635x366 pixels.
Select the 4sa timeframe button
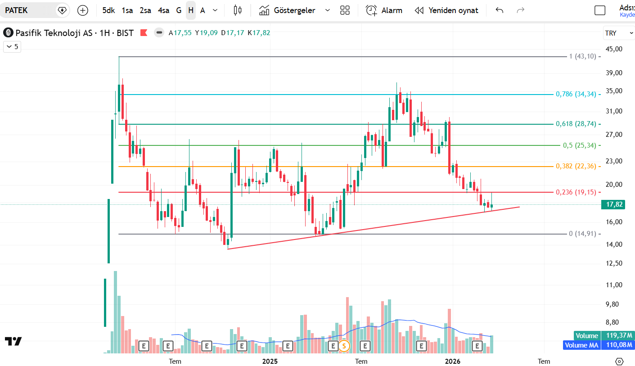tap(163, 10)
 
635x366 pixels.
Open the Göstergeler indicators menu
tap(295, 10)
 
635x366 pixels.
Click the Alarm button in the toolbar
tap(384, 10)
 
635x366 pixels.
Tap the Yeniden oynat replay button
tap(446, 10)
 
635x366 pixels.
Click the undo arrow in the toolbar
tap(499, 10)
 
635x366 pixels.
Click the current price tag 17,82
tap(614, 204)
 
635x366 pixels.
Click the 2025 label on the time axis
tap(270, 361)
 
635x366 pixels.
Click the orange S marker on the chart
tap(344, 346)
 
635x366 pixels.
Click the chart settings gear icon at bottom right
tap(619, 361)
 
